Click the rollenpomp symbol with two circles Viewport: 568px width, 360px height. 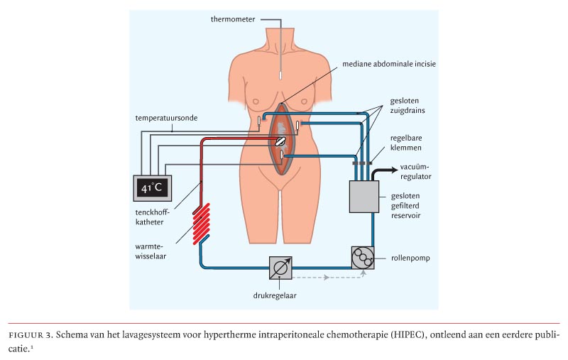click(x=363, y=257)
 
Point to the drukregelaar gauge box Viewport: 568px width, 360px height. click(x=280, y=268)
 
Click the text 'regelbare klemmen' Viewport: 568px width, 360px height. click(x=405, y=143)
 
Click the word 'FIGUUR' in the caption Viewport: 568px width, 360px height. click(x=26, y=332)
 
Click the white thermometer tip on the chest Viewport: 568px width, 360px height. click(x=282, y=74)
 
